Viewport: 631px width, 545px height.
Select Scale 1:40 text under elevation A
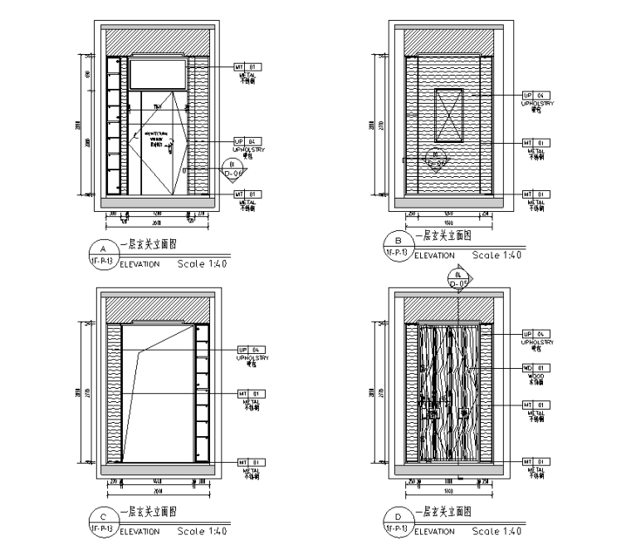click(202, 264)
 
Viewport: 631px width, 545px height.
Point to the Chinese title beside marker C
click(150, 512)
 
